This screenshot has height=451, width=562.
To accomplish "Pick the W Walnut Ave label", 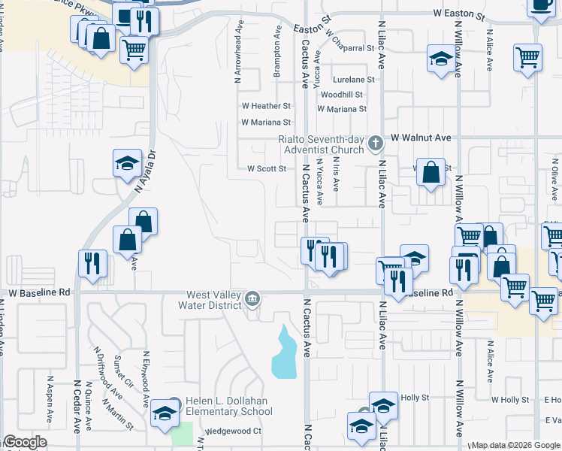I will [421, 138].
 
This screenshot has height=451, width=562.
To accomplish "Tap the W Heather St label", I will [265, 107].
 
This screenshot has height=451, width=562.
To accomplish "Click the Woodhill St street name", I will [342, 95].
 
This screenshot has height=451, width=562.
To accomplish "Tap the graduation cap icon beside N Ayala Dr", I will [128, 162].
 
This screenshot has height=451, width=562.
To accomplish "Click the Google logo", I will [25, 443].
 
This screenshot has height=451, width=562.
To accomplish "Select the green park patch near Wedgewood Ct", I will [181, 434].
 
